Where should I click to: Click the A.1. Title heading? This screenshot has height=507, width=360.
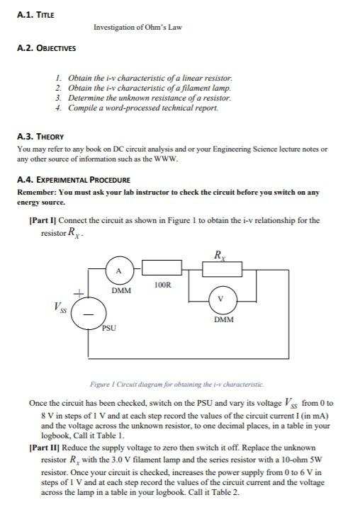point(35,14)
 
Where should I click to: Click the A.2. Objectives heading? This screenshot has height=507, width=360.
point(46,49)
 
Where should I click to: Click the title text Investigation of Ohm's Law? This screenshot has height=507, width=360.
point(137,28)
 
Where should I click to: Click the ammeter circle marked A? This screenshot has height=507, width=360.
point(119,270)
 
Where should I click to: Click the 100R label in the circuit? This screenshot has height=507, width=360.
point(163,285)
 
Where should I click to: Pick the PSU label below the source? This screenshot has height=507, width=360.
point(108,328)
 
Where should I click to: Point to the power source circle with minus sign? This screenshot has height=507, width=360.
point(90,312)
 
